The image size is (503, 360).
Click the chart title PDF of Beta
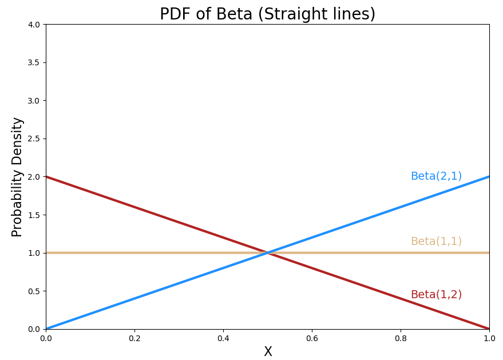(267, 14)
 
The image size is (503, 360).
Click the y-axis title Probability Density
(18, 177)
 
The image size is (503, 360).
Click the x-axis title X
(268, 352)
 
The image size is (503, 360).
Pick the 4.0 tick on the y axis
(34, 25)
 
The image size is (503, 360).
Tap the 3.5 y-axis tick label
(34, 62)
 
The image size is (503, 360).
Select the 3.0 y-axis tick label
(34, 101)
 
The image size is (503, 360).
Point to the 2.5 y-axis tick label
(34, 139)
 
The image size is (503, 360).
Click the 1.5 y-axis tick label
(34, 215)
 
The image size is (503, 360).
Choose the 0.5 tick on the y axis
(34, 291)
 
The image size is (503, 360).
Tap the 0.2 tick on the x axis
(134, 338)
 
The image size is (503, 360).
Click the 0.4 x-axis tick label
(223, 338)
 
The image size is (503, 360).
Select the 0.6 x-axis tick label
(312, 338)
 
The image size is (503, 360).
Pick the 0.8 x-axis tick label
(401, 338)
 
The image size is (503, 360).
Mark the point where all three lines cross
(268, 252)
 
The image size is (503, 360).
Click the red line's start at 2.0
(46, 176)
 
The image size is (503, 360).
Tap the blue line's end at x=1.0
(489, 176)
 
